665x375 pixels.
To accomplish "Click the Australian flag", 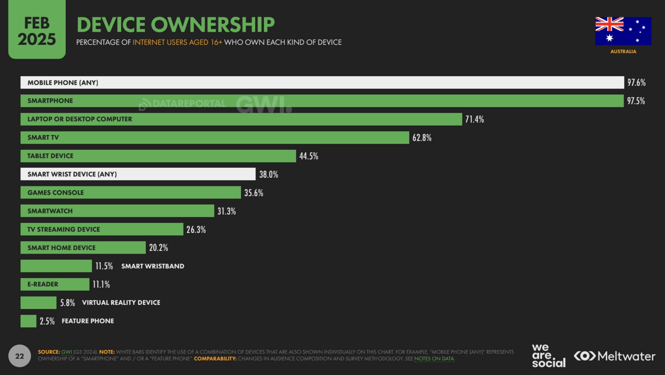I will pyautogui.click(x=623, y=31).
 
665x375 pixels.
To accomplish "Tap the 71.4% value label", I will pyautogui.click(x=474, y=119).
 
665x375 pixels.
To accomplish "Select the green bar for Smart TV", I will pyautogui.click(x=214, y=138).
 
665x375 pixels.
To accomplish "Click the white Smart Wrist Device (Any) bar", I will pyautogui.click(x=138, y=174).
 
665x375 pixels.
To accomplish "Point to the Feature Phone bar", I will pyautogui.click(x=28, y=321).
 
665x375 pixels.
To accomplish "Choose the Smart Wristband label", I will pyautogui.click(x=153, y=266).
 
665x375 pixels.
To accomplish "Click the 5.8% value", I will pyautogui.click(x=68, y=303).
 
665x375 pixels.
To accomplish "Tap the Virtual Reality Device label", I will pyautogui.click(x=121, y=303).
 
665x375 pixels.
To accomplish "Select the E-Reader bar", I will pyautogui.click(x=55, y=284).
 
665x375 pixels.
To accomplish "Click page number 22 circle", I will pyautogui.click(x=19, y=356).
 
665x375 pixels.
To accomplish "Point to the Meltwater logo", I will pyautogui.click(x=614, y=356).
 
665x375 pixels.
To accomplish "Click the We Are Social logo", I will pyautogui.click(x=548, y=356).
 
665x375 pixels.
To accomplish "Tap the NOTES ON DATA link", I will pyautogui.click(x=434, y=359).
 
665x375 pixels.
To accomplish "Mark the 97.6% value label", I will pyautogui.click(x=637, y=83).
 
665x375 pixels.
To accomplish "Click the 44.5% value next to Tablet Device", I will pyautogui.click(x=309, y=156).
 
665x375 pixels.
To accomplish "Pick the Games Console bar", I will pyautogui.click(x=130, y=192).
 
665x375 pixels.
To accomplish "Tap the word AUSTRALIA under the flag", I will pyautogui.click(x=623, y=51).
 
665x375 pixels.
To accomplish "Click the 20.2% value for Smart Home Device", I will pyautogui.click(x=158, y=248).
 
